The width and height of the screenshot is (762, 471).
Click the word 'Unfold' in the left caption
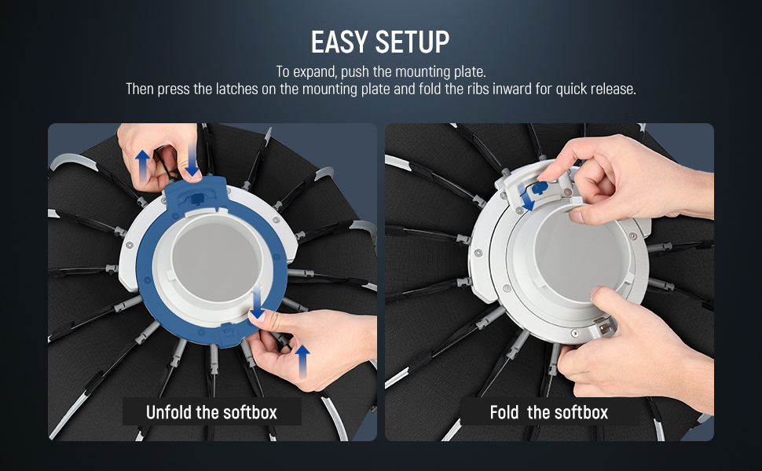[x=169, y=412]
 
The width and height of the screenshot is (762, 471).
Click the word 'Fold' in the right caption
[x=504, y=412]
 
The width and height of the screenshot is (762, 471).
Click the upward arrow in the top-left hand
[x=142, y=166]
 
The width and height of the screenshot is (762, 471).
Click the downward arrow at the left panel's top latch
[x=192, y=160]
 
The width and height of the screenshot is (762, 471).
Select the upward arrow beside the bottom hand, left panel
[x=302, y=361]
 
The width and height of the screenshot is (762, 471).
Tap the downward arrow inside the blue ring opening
[x=257, y=302]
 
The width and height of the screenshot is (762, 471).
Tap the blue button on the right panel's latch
[x=540, y=188]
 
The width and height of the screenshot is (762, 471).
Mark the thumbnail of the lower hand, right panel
[x=595, y=291]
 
